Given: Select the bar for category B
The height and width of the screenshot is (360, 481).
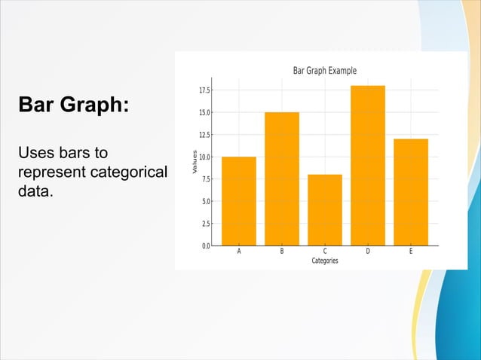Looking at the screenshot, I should click(x=282, y=178).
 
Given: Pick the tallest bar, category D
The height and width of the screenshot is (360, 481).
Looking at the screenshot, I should click(x=368, y=165).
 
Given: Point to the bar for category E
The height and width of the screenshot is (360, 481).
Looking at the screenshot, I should click(x=411, y=192).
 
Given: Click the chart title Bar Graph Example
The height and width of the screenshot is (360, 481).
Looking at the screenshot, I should click(x=324, y=71).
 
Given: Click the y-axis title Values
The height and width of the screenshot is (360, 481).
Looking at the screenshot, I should click(x=195, y=163).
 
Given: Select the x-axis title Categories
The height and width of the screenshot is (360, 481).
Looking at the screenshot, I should click(x=325, y=261).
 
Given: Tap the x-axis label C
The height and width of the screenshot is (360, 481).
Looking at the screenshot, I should click(x=325, y=252).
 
